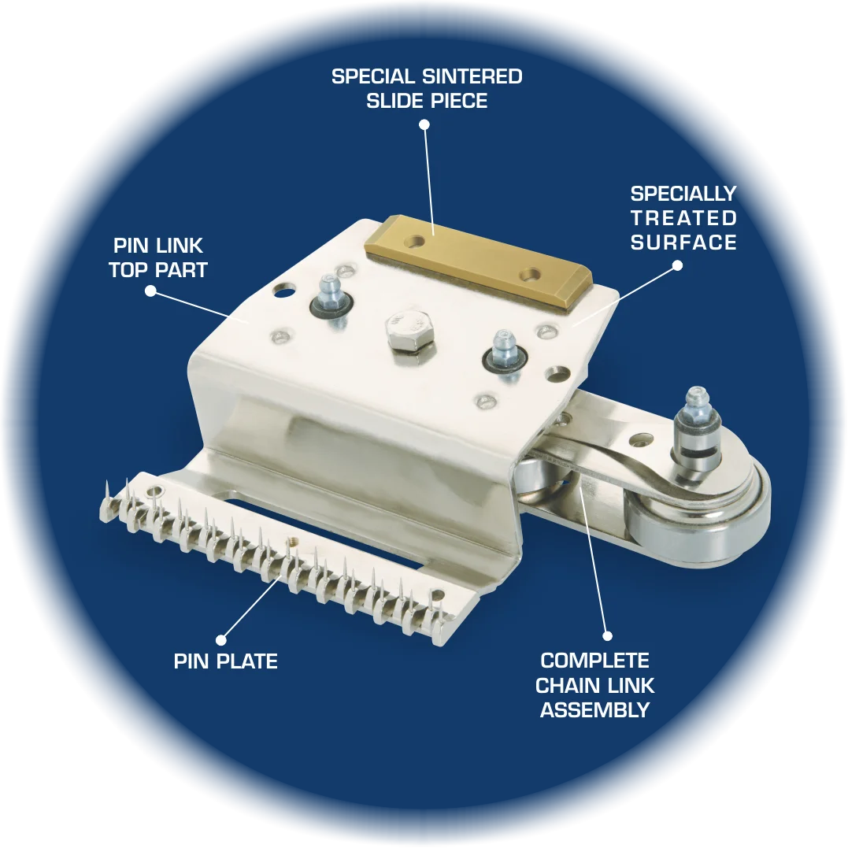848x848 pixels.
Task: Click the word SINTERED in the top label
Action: [472, 76]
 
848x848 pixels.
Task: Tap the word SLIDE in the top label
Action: [396, 101]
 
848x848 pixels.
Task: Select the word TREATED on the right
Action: [683, 218]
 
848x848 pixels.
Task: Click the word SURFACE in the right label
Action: [683, 243]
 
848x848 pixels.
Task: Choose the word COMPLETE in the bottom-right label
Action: [595, 661]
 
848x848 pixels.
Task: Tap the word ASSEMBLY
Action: [595, 709]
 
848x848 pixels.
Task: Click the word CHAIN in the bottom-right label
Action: [569, 685]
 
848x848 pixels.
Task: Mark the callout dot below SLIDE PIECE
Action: [424, 125]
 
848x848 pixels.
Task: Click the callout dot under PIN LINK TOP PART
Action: [151, 291]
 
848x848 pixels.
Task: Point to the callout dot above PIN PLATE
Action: [220, 640]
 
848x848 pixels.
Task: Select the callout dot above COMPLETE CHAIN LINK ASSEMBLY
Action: [607, 636]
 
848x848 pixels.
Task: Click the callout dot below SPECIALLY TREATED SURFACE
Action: [677, 265]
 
